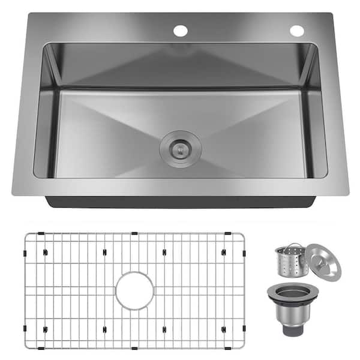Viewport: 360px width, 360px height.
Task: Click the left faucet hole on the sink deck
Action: (180, 30)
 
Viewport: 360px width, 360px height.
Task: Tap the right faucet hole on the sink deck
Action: (296, 30)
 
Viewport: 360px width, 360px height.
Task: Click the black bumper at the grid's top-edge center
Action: (134, 233)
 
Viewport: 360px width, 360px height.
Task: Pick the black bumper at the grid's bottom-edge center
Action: (134, 347)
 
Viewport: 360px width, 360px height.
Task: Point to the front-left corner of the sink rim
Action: (13, 193)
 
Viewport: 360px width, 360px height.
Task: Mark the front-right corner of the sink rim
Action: (348, 193)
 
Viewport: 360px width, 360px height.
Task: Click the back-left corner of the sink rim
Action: (28, 14)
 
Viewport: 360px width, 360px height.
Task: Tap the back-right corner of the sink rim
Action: (331, 14)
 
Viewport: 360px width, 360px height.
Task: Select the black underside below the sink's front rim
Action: (180, 202)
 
